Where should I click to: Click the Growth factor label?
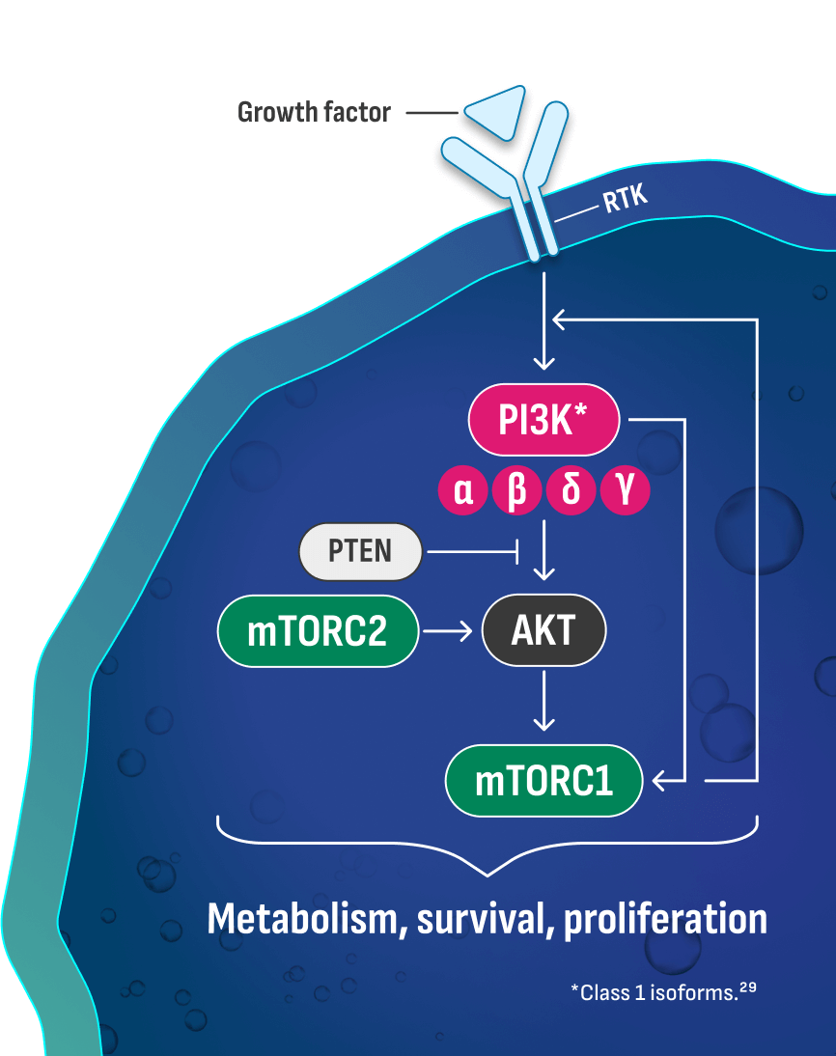[x=314, y=113]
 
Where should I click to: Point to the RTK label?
[x=625, y=199]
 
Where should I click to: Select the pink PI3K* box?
[x=544, y=421]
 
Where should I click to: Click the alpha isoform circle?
[x=463, y=491]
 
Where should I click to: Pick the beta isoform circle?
[x=516, y=491]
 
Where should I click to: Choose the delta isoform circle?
[x=571, y=491]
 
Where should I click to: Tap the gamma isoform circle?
[x=625, y=491]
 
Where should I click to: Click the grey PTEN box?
[x=361, y=551]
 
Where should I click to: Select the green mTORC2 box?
[x=318, y=631]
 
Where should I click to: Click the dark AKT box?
[x=543, y=631]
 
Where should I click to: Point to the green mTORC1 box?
[x=543, y=780]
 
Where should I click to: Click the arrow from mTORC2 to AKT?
[x=451, y=631]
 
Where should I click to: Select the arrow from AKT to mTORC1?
[x=544, y=701]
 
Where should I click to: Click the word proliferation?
[x=665, y=918]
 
